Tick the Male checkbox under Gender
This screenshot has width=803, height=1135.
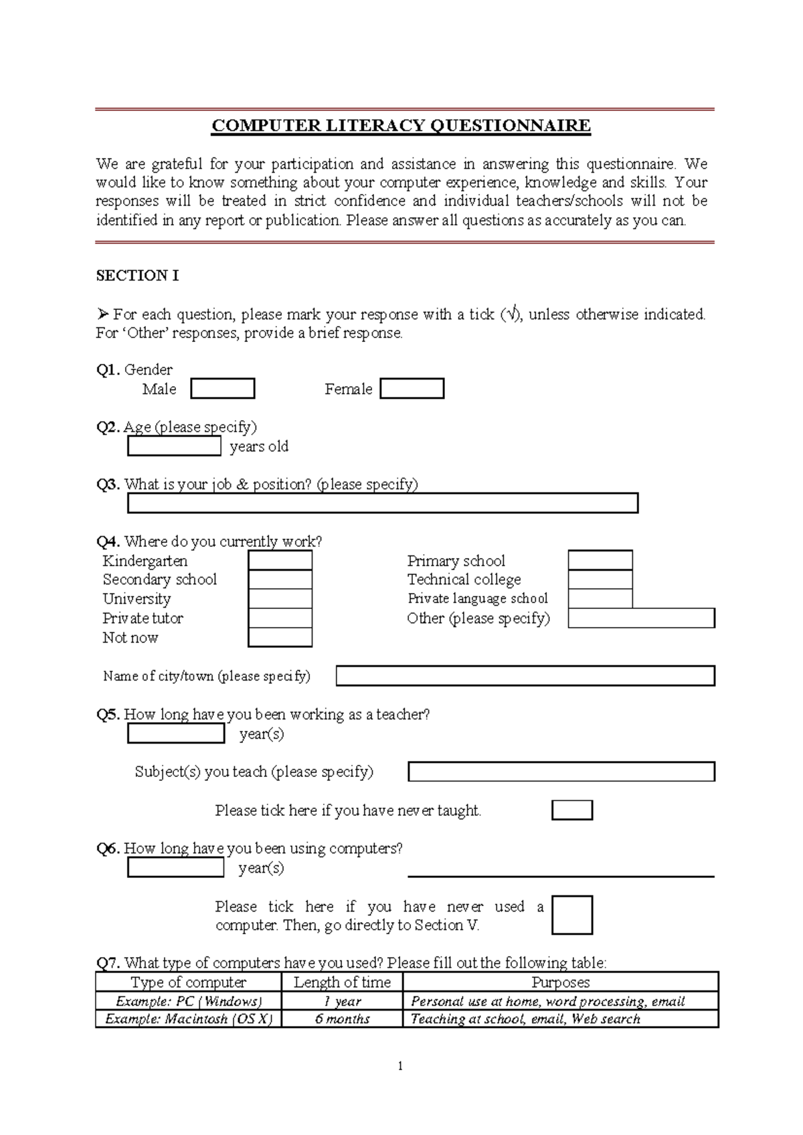[x=222, y=389]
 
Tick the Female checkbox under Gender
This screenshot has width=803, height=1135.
[x=412, y=389]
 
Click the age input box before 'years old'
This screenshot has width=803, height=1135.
[x=174, y=446]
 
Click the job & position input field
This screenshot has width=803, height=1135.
[x=382, y=503]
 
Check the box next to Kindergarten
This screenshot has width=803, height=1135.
[x=280, y=560]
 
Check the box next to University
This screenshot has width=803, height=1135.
[x=280, y=598]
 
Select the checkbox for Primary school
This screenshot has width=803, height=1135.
[x=600, y=560]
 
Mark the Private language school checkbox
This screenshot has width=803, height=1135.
[x=600, y=598]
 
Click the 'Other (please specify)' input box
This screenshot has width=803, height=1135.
[x=641, y=618]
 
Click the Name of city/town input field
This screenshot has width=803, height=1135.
[x=525, y=676]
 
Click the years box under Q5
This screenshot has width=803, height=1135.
[x=176, y=734]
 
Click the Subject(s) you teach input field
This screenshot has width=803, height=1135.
[x=561, y=772]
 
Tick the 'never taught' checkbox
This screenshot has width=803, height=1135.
[x=571, y=810]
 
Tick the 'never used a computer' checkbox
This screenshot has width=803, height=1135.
[x=571, y=915]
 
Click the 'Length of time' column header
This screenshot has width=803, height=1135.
[x=342, y=982]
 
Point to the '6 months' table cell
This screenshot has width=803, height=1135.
[x=342, y=1019]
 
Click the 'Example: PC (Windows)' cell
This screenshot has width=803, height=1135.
[x=189, y=1001]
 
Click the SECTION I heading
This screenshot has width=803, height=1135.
[x=137, y=276]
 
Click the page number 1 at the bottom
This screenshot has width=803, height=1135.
[x=400, y=1066]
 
